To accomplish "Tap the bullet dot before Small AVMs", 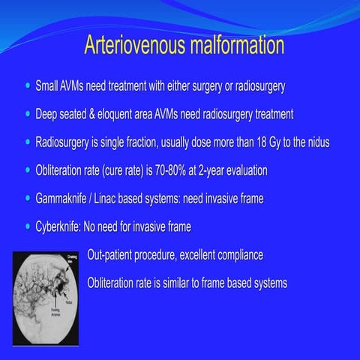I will click(28, 86).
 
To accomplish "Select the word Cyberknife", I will click(60, 226).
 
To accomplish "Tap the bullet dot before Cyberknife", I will click(28, 226).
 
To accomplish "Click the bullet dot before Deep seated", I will click(28, 115).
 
